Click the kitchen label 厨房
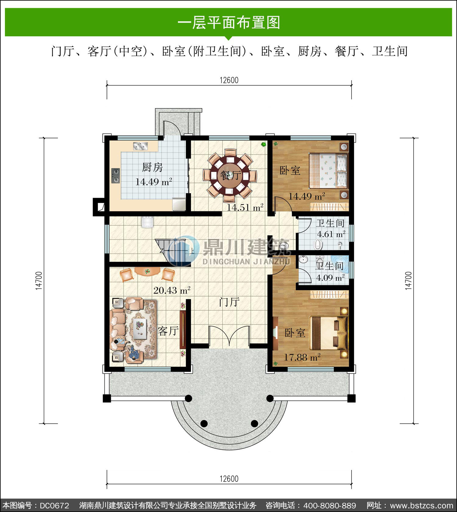point(152,167)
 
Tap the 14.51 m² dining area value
point(245,208)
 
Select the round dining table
point(231,176)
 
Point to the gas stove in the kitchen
point(115,176)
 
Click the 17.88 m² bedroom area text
point(302,357)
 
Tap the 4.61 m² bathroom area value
point(331,234)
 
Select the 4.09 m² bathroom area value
point(331,278)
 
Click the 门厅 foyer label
point(229,302)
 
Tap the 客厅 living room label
point(168,331)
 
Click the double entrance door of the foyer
point(229,337)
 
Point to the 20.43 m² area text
point(172,290)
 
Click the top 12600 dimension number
point(229,80)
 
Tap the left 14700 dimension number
point(39,281)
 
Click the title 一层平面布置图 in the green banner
point(229,23)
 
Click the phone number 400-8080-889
point(330,506)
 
